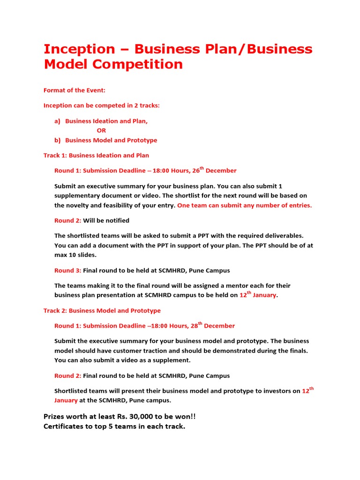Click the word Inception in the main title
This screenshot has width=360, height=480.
(79, 49)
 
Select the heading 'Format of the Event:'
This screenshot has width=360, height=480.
(75, 90)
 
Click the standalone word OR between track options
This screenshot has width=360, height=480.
(101, 131)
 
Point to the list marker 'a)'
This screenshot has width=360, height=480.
(57, 121)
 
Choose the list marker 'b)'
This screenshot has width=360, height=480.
(57, 140)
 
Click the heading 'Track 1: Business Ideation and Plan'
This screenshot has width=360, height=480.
(96, 155)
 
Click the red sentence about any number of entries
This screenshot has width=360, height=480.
(244, 205)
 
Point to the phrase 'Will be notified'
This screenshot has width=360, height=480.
(106, 220)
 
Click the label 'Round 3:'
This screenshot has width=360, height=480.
(67, 270)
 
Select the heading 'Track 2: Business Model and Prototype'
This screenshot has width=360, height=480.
(102, 310)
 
